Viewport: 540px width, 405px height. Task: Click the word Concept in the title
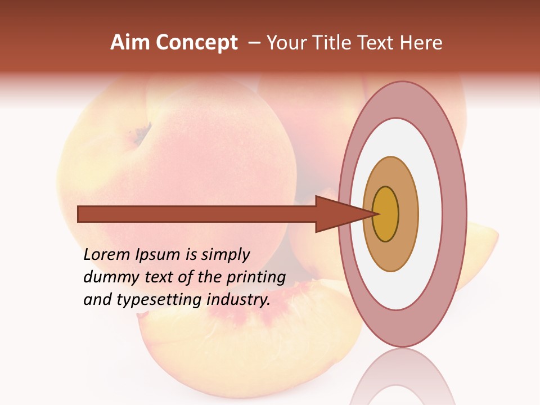[196, 43]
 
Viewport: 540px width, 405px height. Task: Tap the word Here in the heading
[421, 43]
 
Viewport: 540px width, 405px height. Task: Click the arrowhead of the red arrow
[337, 214]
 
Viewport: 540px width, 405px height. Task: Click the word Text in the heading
[382, 43]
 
